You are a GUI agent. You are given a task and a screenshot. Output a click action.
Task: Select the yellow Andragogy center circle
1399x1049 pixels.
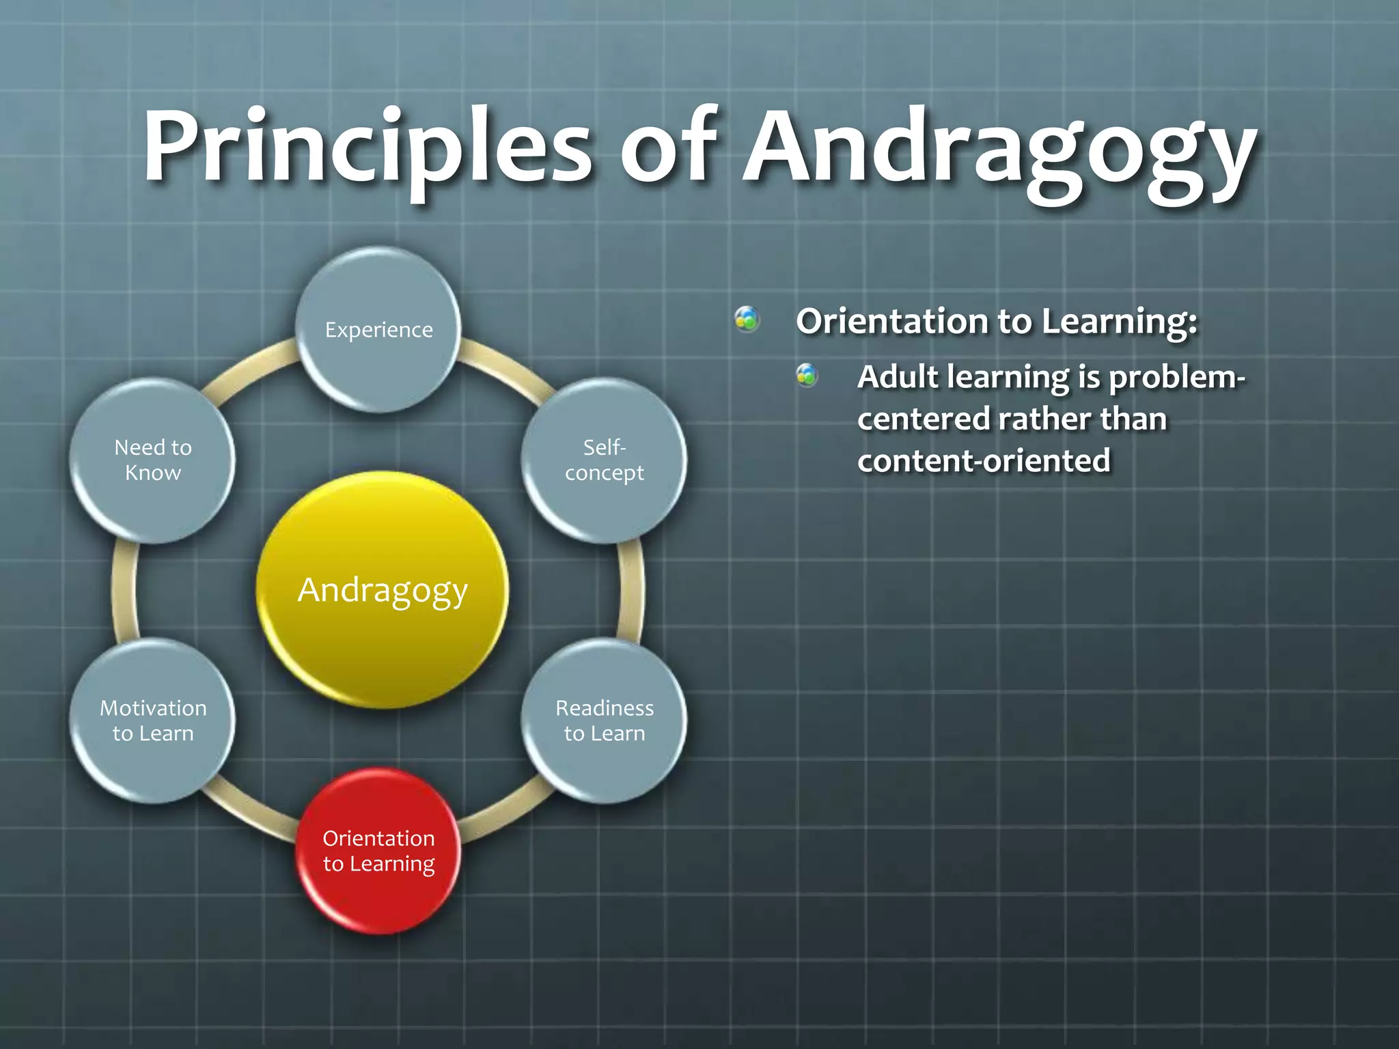coord(383,590)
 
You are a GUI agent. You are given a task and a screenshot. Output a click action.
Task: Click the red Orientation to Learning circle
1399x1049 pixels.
coord(378,851)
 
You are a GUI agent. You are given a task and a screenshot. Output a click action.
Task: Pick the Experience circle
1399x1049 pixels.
coord(378,330)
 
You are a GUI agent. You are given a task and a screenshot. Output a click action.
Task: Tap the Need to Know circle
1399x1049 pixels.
coord(153,460)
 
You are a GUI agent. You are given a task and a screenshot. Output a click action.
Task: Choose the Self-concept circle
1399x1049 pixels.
coord(604,460)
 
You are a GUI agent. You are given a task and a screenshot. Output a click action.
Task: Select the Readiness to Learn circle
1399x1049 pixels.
coord(604,721)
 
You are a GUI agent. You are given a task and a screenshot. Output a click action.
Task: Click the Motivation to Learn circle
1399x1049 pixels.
coord(153,721)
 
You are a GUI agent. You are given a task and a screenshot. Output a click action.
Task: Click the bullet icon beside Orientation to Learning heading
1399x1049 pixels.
coord(747,319)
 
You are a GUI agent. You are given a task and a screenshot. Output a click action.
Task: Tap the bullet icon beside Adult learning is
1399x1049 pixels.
coord(807,375)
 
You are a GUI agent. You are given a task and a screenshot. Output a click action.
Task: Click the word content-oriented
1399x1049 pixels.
coord(984,461)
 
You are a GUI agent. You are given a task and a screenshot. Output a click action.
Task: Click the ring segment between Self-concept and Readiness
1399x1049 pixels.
coord(632,590)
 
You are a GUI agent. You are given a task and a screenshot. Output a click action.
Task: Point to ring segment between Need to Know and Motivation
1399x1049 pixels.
coord(125,590)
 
